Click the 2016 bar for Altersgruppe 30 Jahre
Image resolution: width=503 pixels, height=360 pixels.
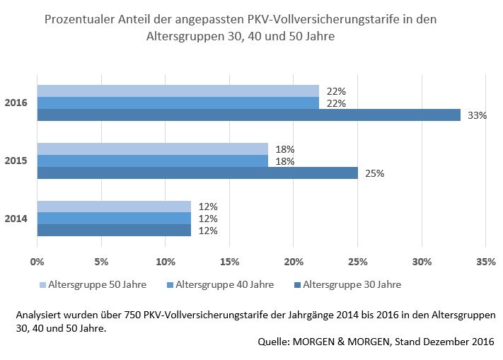[x=248, y=115]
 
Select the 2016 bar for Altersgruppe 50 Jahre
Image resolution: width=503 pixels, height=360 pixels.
[x=178, y=91]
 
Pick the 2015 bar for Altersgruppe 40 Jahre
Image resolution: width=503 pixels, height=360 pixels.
[x=152, y=161]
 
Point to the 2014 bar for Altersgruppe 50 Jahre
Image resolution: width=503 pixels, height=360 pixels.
[x=114, y=207]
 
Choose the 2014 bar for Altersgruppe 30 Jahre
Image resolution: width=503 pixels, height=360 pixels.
[x=114, y=230]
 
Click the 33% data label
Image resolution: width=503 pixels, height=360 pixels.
[x=478, y=115]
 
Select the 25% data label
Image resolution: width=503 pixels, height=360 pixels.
[x=375, y=173]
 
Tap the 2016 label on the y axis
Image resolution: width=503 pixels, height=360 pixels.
[x=16, y=103]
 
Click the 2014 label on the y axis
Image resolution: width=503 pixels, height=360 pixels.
[x=16, y=219]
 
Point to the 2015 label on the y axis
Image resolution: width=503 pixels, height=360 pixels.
[x=16, y=161]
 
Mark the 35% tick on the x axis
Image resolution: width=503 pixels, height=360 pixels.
[x=485, y=262]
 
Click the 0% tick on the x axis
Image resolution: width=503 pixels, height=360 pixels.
[x=37, y=262]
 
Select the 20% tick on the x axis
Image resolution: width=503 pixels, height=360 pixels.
[x=294, y=262]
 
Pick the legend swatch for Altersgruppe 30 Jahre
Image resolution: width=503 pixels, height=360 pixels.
[x=297, y=285]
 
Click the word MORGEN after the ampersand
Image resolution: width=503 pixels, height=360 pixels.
[x=377, y=342]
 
